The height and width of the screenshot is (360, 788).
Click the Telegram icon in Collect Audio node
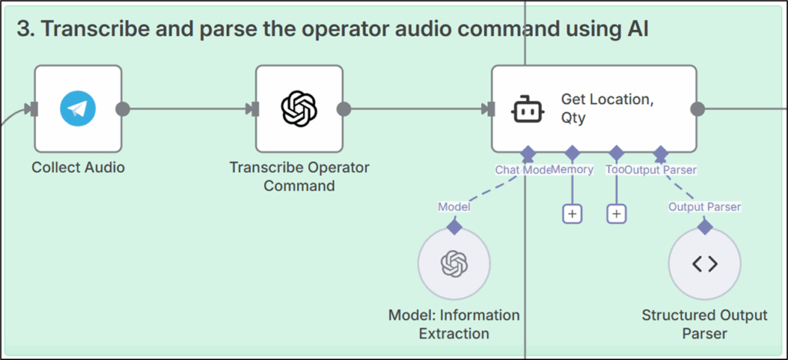tap(78, 109)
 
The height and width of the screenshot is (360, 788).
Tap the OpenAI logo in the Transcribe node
tap(299, 109)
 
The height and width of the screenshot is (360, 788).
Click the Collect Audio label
tap(78, 167)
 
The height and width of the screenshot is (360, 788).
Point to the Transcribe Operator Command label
tap(299, 176)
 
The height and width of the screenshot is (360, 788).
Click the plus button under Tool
tap(616, 214)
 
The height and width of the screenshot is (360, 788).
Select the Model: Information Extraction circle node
tap(453, 264)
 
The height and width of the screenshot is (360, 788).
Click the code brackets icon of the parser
tap(704, 264)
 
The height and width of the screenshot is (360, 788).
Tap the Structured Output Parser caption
tap(704, 324)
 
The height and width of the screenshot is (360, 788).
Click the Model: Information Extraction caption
tap(453, 324)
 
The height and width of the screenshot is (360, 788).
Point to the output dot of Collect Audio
tap(122, 109)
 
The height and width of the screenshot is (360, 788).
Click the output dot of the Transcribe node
tap(344, 109)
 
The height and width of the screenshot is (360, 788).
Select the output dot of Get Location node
tap(698, 109)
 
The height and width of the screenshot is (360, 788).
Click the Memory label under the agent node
tap(573, 169)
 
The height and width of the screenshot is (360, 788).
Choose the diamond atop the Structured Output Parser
tap(704, 227)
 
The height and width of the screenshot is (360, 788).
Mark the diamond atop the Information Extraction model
tap(454, 227)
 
